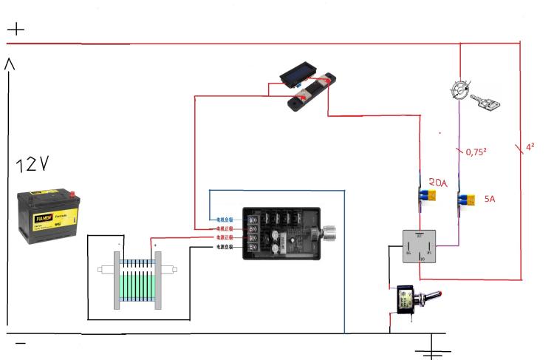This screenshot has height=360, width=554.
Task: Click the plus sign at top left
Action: (x=16, y=30)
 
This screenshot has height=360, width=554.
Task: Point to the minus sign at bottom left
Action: (x=20, y=344)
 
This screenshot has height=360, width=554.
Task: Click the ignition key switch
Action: (x=473, y=95)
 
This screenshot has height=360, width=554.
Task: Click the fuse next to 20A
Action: (x=425, y=197)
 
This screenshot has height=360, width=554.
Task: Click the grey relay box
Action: (x=420, y=247)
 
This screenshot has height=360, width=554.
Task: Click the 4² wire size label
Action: (x=529, y=147)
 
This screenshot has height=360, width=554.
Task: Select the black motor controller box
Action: (x=282, y=232)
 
